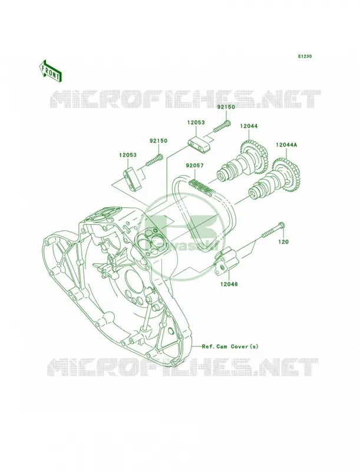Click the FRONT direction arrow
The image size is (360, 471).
tap(49, 71)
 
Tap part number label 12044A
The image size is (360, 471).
tap(286, 145)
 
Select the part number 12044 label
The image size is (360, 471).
tap(249, 127)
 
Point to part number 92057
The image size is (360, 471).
tap(194, 165)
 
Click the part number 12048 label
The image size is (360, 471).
tap(229, 284)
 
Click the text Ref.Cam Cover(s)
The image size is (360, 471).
tap(230, 346)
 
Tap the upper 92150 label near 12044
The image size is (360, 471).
tap(226, 107)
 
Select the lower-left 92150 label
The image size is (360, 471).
tap(158, 141)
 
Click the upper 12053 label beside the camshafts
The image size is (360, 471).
tap(196, 122)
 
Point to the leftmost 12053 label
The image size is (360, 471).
tap(127, 155)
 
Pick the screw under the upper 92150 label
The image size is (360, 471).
tap(222, 126)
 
